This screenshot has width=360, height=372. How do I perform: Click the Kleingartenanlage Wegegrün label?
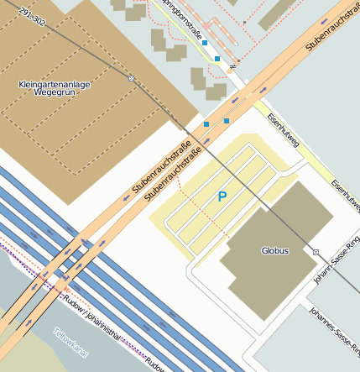pyautogui.click(x=55, y=90)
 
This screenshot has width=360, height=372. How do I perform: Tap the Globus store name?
pyautogui.click(x=274, y=250)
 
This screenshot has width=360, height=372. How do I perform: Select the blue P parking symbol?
pyautogui.click(x=222, y=197)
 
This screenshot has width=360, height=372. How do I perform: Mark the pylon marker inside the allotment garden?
pyautogui.click(x=131, y=78)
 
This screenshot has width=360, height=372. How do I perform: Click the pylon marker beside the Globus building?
pyautogui.click(x=316, y=252)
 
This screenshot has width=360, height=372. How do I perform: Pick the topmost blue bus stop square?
pyautogui.click(x=205, y=41)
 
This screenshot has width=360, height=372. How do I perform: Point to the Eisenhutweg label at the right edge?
pyautogui.click(x=345, y=195)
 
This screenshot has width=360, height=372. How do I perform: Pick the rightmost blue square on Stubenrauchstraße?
pyautogui.click(x=226, y=121)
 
